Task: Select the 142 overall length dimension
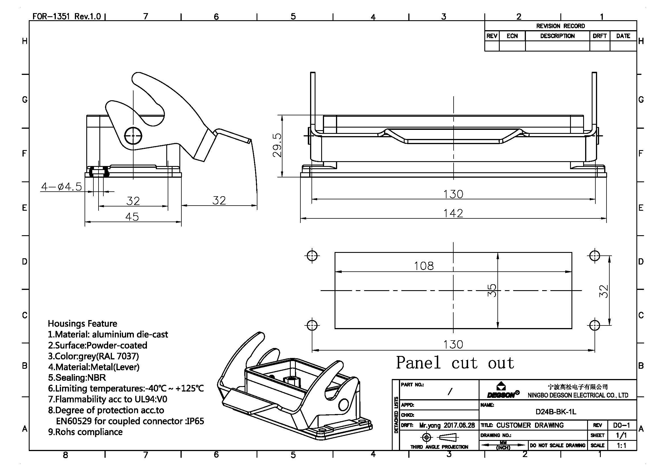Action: tap(453, 214)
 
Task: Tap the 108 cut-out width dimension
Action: tap(423, 266)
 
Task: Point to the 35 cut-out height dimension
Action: tap(492, 290)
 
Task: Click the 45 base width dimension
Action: tap(132, 217)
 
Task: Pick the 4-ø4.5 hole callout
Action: tap(62, 187)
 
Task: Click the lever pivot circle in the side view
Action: tap(133, 136)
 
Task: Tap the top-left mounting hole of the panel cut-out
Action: tap(312, 256)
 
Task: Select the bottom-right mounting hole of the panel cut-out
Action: tap(595, 325)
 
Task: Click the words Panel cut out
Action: tap(455, 363)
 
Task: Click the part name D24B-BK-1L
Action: tap(556, 412)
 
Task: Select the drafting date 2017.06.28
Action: tap(459, 425)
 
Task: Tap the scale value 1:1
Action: tap(621, 445)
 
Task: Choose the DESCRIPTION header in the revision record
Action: tap(557, 36)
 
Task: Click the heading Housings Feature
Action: tap(82, 323)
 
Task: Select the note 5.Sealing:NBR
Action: tap(77, 378)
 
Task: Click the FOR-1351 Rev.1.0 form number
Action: tap(66, 16)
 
